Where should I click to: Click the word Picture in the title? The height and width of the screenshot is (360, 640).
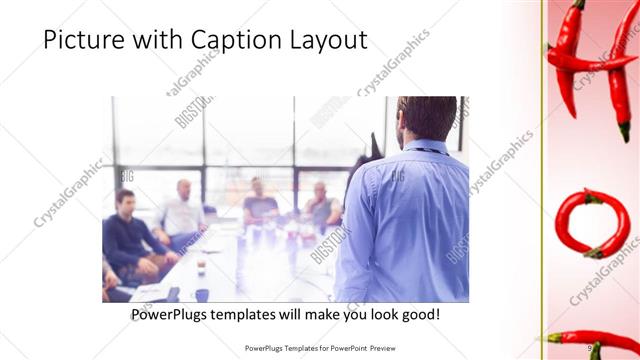(x=86, y=41)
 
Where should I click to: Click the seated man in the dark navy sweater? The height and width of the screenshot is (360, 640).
(x=131, y=236)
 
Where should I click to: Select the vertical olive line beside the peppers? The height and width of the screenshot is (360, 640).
(x=543, y=180)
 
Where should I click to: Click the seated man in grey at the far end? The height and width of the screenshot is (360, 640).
(x=321, y=205)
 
